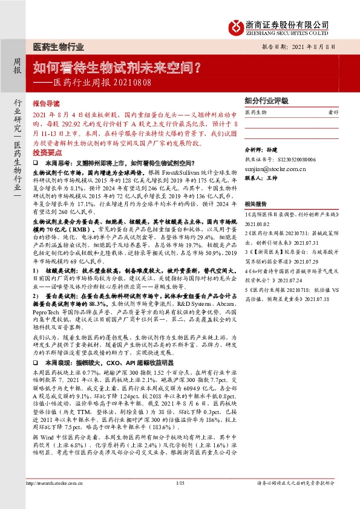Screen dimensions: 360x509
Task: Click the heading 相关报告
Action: click(257, 204)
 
